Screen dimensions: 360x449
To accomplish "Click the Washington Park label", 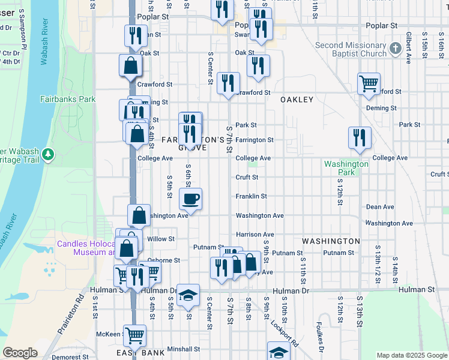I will click(346, 168).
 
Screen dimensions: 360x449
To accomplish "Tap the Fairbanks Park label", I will click(68, 99).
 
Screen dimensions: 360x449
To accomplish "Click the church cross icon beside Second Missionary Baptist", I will click(395, 49).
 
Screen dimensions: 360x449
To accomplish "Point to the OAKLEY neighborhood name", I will click(297, 100).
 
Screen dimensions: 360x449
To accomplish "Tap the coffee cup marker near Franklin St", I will click(191, 199).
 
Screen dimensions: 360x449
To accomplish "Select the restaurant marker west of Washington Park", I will click(360, 136).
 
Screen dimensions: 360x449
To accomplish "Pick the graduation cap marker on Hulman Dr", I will click(188, 294).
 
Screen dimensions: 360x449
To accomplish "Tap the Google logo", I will click(20, 353).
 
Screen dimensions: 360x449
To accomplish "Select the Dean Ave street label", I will click(380, 207).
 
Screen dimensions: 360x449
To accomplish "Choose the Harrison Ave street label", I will click(255, 235).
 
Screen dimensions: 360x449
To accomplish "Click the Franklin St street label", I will click(251, 196).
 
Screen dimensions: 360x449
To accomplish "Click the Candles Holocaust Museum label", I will click(86, 248).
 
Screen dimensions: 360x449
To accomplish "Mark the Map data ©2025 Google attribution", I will click(411, 355).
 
